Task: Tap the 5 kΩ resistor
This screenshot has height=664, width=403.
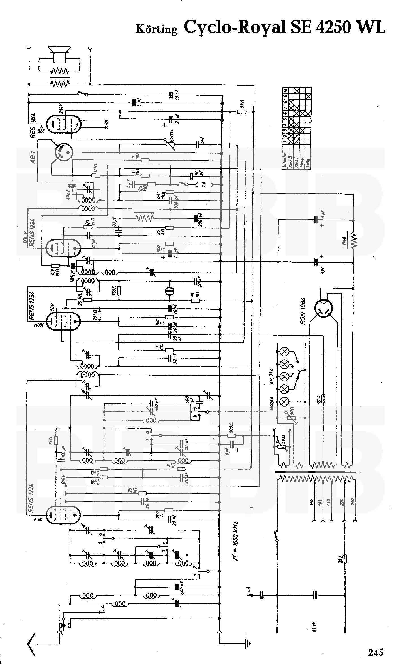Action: [x=242, y=112]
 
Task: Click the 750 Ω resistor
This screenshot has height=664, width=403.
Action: [x=119, y=290]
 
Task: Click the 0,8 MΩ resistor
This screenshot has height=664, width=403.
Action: [x=55, y=266]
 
